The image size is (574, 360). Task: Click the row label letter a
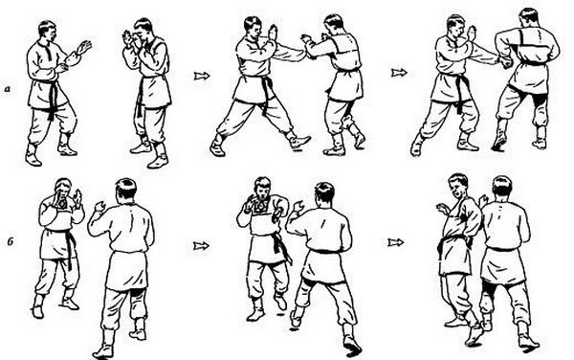8,88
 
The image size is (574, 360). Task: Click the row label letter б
11,241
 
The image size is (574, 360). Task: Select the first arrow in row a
202,76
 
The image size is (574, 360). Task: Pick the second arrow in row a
399,73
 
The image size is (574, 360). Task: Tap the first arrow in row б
201,245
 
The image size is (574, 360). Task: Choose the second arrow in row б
396,242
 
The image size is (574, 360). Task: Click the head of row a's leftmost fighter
48,33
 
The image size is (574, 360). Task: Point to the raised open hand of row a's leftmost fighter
84,48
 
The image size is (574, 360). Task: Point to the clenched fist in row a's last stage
507,63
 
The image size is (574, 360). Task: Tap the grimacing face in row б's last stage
457,189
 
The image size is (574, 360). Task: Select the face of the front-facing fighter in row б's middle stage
262,191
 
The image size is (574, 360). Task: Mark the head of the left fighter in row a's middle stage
253,29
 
